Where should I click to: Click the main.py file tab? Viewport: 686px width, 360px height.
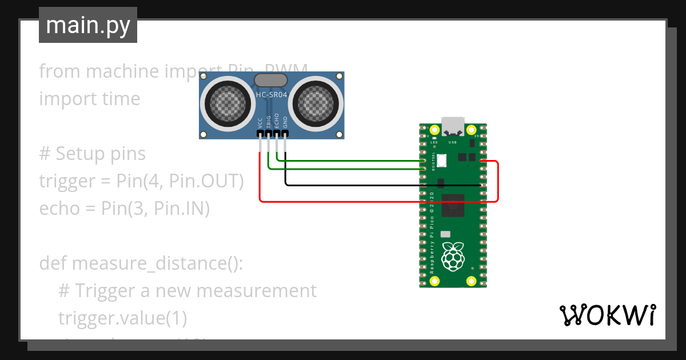[x=88, y=25]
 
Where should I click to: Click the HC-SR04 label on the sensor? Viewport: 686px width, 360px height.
[x=271, y=95]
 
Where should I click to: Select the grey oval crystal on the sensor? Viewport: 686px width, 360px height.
[x=271, y=81]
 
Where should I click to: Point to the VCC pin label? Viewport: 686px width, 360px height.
[x=260, y=122]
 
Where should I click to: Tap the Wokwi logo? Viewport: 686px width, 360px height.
[x=607, y=315]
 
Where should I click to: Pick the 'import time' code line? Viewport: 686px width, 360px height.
[x=89, y=99]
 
